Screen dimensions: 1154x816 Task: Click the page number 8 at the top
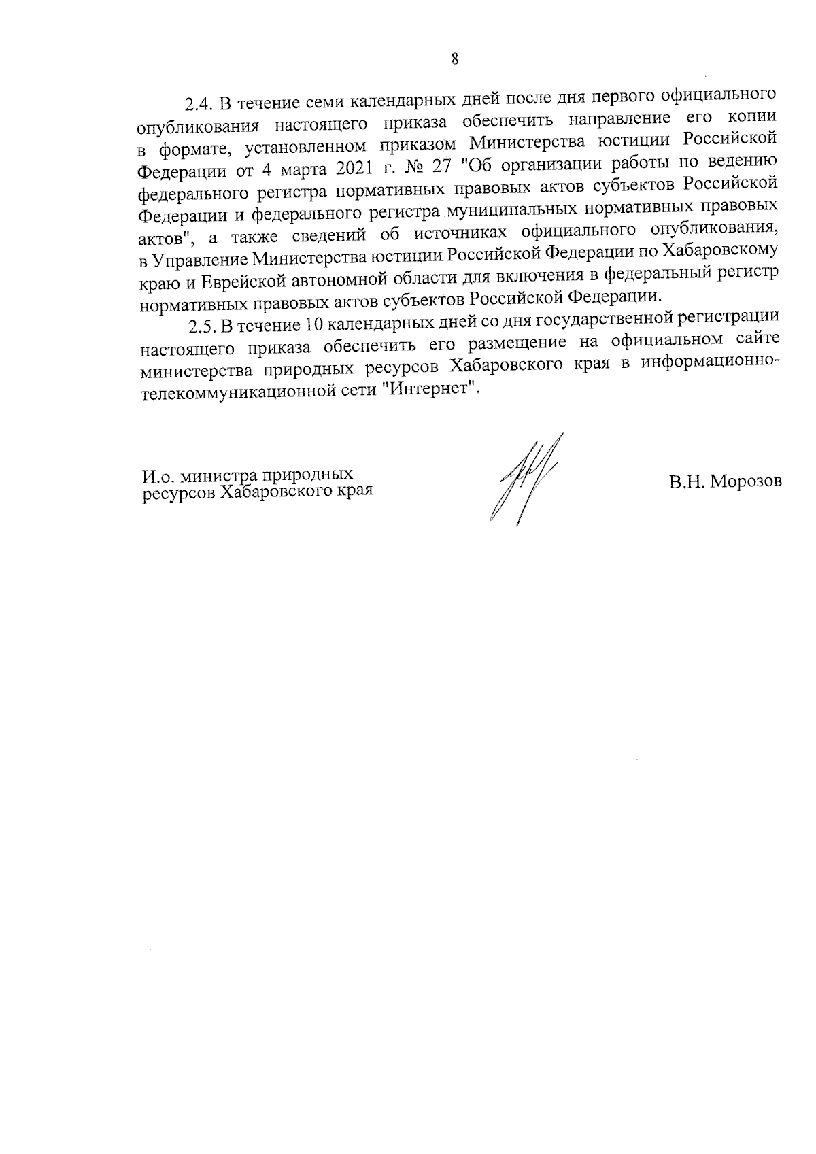[x=455, y=58]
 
